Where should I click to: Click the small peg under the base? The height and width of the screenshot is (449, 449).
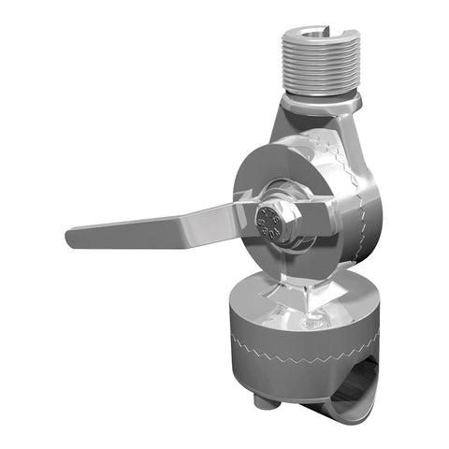click(267, 401)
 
